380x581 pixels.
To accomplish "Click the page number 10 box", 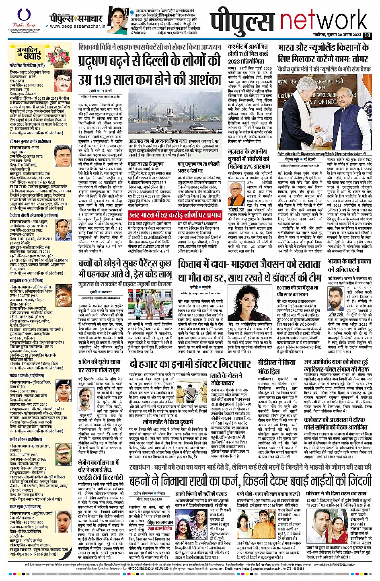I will (x=367, y=35).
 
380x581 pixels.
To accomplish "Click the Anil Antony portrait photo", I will (x=335, y=296).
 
